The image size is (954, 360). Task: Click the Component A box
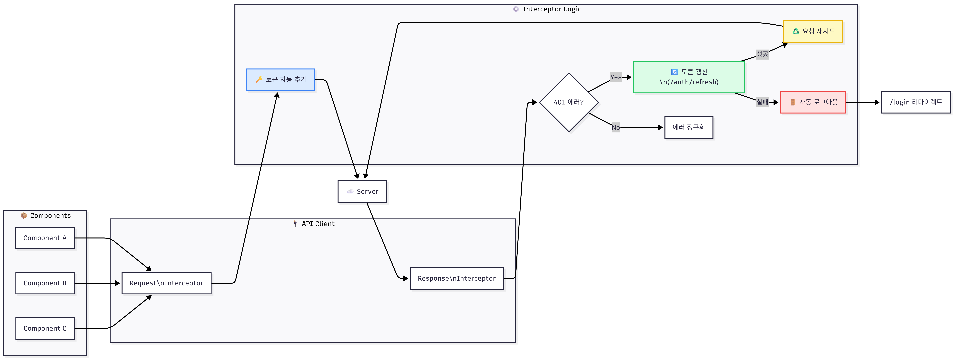45,238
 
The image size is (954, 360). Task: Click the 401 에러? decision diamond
569,102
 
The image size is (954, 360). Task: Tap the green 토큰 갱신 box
689,77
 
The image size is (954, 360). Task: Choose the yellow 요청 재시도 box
813,31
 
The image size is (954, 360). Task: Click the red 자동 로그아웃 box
813,102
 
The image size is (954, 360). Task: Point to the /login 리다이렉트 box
915,102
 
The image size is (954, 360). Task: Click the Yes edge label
616,77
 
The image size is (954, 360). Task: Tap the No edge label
616,127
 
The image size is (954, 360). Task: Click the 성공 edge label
762,54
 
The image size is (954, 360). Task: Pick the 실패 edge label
762,102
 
